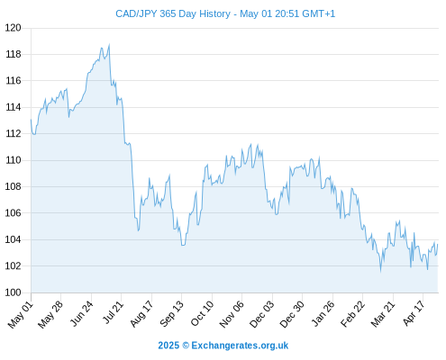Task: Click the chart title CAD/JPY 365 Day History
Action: (x=173, y=13)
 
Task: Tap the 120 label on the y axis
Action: (x=14, y=28)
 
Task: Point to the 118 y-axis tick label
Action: (x=14, y=54)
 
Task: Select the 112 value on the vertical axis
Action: (x=14, y=133)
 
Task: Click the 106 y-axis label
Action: (x=14, y=213)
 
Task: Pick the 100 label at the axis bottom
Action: (x=14, y=292)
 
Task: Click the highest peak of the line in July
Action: (x=109, y=45)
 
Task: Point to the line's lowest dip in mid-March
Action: (x=381, y=272)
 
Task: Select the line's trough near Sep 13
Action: (x=183, y=245)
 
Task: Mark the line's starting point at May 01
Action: (x=31, y=120)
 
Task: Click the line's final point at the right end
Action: (x=438, y=244)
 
